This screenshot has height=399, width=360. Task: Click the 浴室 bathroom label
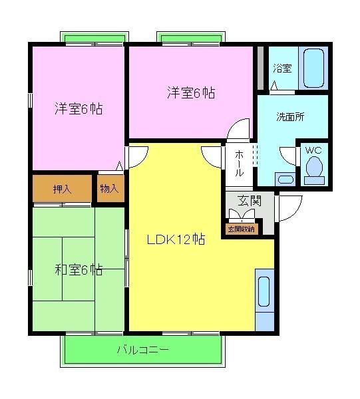coord(282,68)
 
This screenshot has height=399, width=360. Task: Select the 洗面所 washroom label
coord(290,116)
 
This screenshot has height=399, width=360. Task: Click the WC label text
coord(313,150)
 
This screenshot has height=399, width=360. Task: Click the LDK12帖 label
coord(175,239)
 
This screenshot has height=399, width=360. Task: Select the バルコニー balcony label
coord(142,349)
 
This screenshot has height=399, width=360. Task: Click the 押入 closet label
coord(63,189)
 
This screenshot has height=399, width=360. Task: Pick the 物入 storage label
coord(109,189)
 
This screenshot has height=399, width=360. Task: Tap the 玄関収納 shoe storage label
coord(240,229)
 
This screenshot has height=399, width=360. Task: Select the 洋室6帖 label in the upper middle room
coord(190,93)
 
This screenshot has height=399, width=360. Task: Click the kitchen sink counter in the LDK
coord(264,291)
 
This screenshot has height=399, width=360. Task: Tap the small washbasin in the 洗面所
coord(285,178)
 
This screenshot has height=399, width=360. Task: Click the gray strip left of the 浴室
coord(260,63)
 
